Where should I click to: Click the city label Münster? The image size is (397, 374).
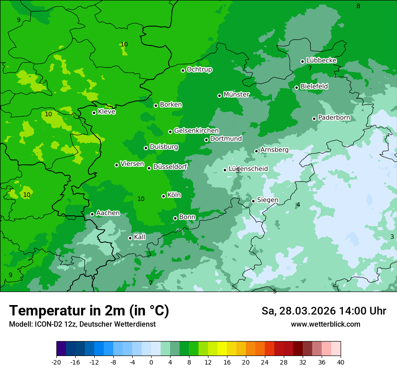[236, 95]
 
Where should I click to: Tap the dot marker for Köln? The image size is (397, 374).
[163, 196]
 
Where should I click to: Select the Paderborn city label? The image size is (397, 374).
[334, 118]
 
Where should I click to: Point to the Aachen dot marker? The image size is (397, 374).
[92, 214]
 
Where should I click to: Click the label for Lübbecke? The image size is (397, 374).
[322, 60]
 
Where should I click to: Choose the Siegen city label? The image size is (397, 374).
[268, 200]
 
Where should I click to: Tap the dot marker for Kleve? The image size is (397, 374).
[94, 113]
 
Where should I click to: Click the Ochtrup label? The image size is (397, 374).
[199, 69]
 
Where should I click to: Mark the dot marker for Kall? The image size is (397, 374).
[130, 238]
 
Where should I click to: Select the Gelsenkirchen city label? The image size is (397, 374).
[196, 131]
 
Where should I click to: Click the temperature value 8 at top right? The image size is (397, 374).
[358, 6]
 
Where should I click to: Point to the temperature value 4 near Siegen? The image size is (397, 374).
[298, 205]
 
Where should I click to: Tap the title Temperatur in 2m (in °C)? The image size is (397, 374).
[89, 310]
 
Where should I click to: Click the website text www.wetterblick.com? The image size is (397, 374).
[325, 324]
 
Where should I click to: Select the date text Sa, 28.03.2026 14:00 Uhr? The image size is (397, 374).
[323, 311]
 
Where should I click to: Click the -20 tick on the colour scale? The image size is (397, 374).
[56, 362]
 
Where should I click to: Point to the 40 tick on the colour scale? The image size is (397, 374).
[341, 362]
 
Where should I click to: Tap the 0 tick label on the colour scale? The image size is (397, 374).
[151, 362]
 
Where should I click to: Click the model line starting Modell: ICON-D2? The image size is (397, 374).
[82, 324]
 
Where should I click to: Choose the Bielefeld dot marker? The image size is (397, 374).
[296, 87]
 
